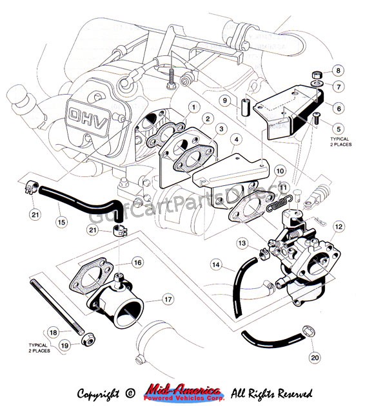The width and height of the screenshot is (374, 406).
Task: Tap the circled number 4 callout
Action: (236, 140)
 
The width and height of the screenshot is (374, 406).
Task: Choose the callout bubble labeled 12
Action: (339, 226)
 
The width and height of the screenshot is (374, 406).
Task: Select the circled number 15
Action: (62, 222)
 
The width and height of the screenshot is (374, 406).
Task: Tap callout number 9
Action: (225, 101)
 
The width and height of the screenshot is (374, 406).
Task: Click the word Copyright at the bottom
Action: (99, 392)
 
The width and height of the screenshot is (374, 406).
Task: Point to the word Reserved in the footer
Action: (290, 392)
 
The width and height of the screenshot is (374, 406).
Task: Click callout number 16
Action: (137, 263)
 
